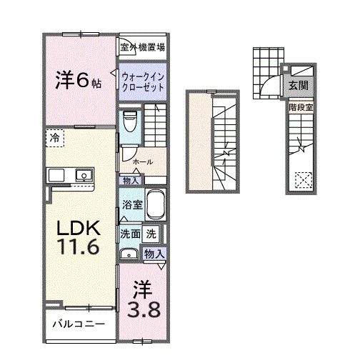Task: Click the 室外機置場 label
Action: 142,48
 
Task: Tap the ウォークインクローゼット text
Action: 143,81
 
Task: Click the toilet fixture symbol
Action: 129,121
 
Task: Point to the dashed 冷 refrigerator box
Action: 56,137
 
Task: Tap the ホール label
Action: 142,161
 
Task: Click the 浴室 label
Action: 130,204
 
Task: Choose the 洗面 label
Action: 129,233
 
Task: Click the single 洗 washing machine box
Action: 151,233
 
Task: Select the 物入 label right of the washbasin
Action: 154,254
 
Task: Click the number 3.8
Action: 144,308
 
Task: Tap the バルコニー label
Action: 78,324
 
